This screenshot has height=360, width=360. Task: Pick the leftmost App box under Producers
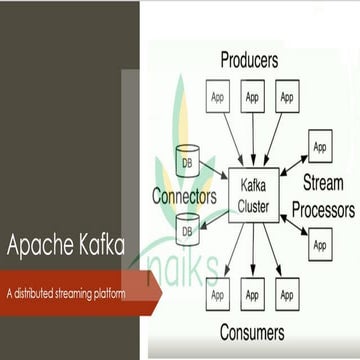tap(217, 97)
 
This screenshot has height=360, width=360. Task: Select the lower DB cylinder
tap(185, 232)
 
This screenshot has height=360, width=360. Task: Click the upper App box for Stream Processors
tap(320, 146)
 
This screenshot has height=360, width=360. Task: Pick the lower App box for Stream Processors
tap(320, 243)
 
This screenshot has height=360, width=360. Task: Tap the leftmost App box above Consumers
tap(217, 295)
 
